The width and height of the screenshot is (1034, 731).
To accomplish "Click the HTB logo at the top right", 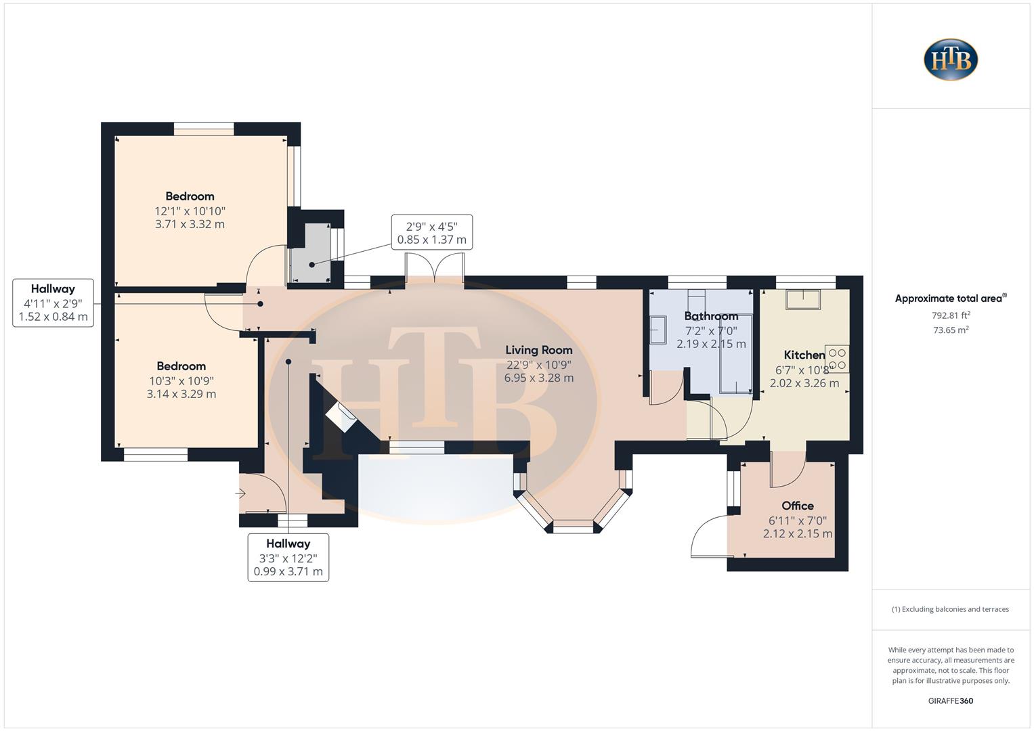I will coord(951,60).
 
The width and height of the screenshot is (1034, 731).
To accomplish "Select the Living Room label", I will coord(538,350).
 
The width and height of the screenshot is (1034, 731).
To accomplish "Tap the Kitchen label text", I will coord(804,355).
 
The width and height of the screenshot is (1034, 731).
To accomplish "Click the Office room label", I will coord(797,506).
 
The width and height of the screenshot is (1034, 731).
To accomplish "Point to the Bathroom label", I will coord(710,316).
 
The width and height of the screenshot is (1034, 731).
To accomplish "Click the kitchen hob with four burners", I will coord(837,359).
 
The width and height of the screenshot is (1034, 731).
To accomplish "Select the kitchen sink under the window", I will coord(802,298).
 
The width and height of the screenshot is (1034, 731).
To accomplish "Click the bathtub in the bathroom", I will coord(735,353).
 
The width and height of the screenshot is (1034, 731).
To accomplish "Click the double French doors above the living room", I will coord(434,267).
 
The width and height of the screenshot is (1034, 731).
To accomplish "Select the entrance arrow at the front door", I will coord(240,494).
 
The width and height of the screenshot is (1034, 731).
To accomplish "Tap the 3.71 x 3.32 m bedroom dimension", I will coord(190,224).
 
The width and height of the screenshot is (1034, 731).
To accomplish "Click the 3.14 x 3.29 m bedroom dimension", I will coord(181,394).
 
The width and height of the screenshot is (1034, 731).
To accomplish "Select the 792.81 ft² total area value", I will coord(951,315).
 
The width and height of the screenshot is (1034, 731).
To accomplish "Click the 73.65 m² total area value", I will coord(951,330).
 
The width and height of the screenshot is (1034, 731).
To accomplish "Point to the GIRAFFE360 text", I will coord(950,701).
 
